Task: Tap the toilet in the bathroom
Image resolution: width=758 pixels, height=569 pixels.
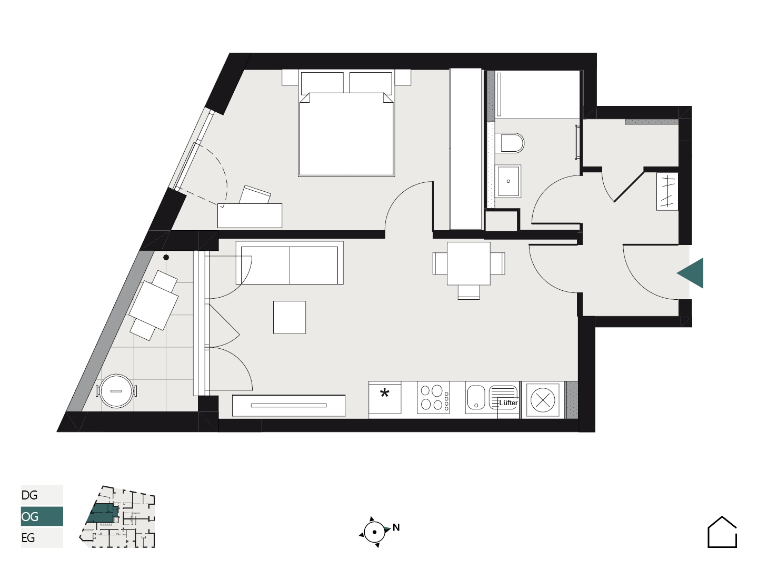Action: pos(510,143)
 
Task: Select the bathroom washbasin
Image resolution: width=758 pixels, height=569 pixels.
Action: pos(508,181)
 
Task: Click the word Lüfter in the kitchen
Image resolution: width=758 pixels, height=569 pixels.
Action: pos(508,403)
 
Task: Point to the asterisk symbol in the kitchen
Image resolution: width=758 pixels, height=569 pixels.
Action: pos(384,393)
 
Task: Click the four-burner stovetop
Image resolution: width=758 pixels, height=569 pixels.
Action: pos(433,397)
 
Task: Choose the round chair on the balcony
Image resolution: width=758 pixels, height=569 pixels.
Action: pos(116,391)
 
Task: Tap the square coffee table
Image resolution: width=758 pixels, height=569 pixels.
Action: pos(290,317)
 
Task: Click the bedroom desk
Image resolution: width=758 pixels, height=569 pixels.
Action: pos(250,215)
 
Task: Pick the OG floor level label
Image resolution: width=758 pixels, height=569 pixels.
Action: pos(29,516)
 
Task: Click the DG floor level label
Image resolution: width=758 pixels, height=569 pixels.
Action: pos(29,495)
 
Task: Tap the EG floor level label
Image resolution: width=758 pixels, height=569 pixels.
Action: pos(28,538)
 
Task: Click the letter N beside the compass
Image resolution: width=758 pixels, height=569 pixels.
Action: pos(396,527)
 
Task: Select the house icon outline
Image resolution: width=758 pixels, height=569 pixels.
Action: pos(722,532)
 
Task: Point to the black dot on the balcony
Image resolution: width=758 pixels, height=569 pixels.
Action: pos(166,258)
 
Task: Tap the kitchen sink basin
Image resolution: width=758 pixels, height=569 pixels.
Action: pos(476,397)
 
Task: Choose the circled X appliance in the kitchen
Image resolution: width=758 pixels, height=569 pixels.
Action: pos(543,400)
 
